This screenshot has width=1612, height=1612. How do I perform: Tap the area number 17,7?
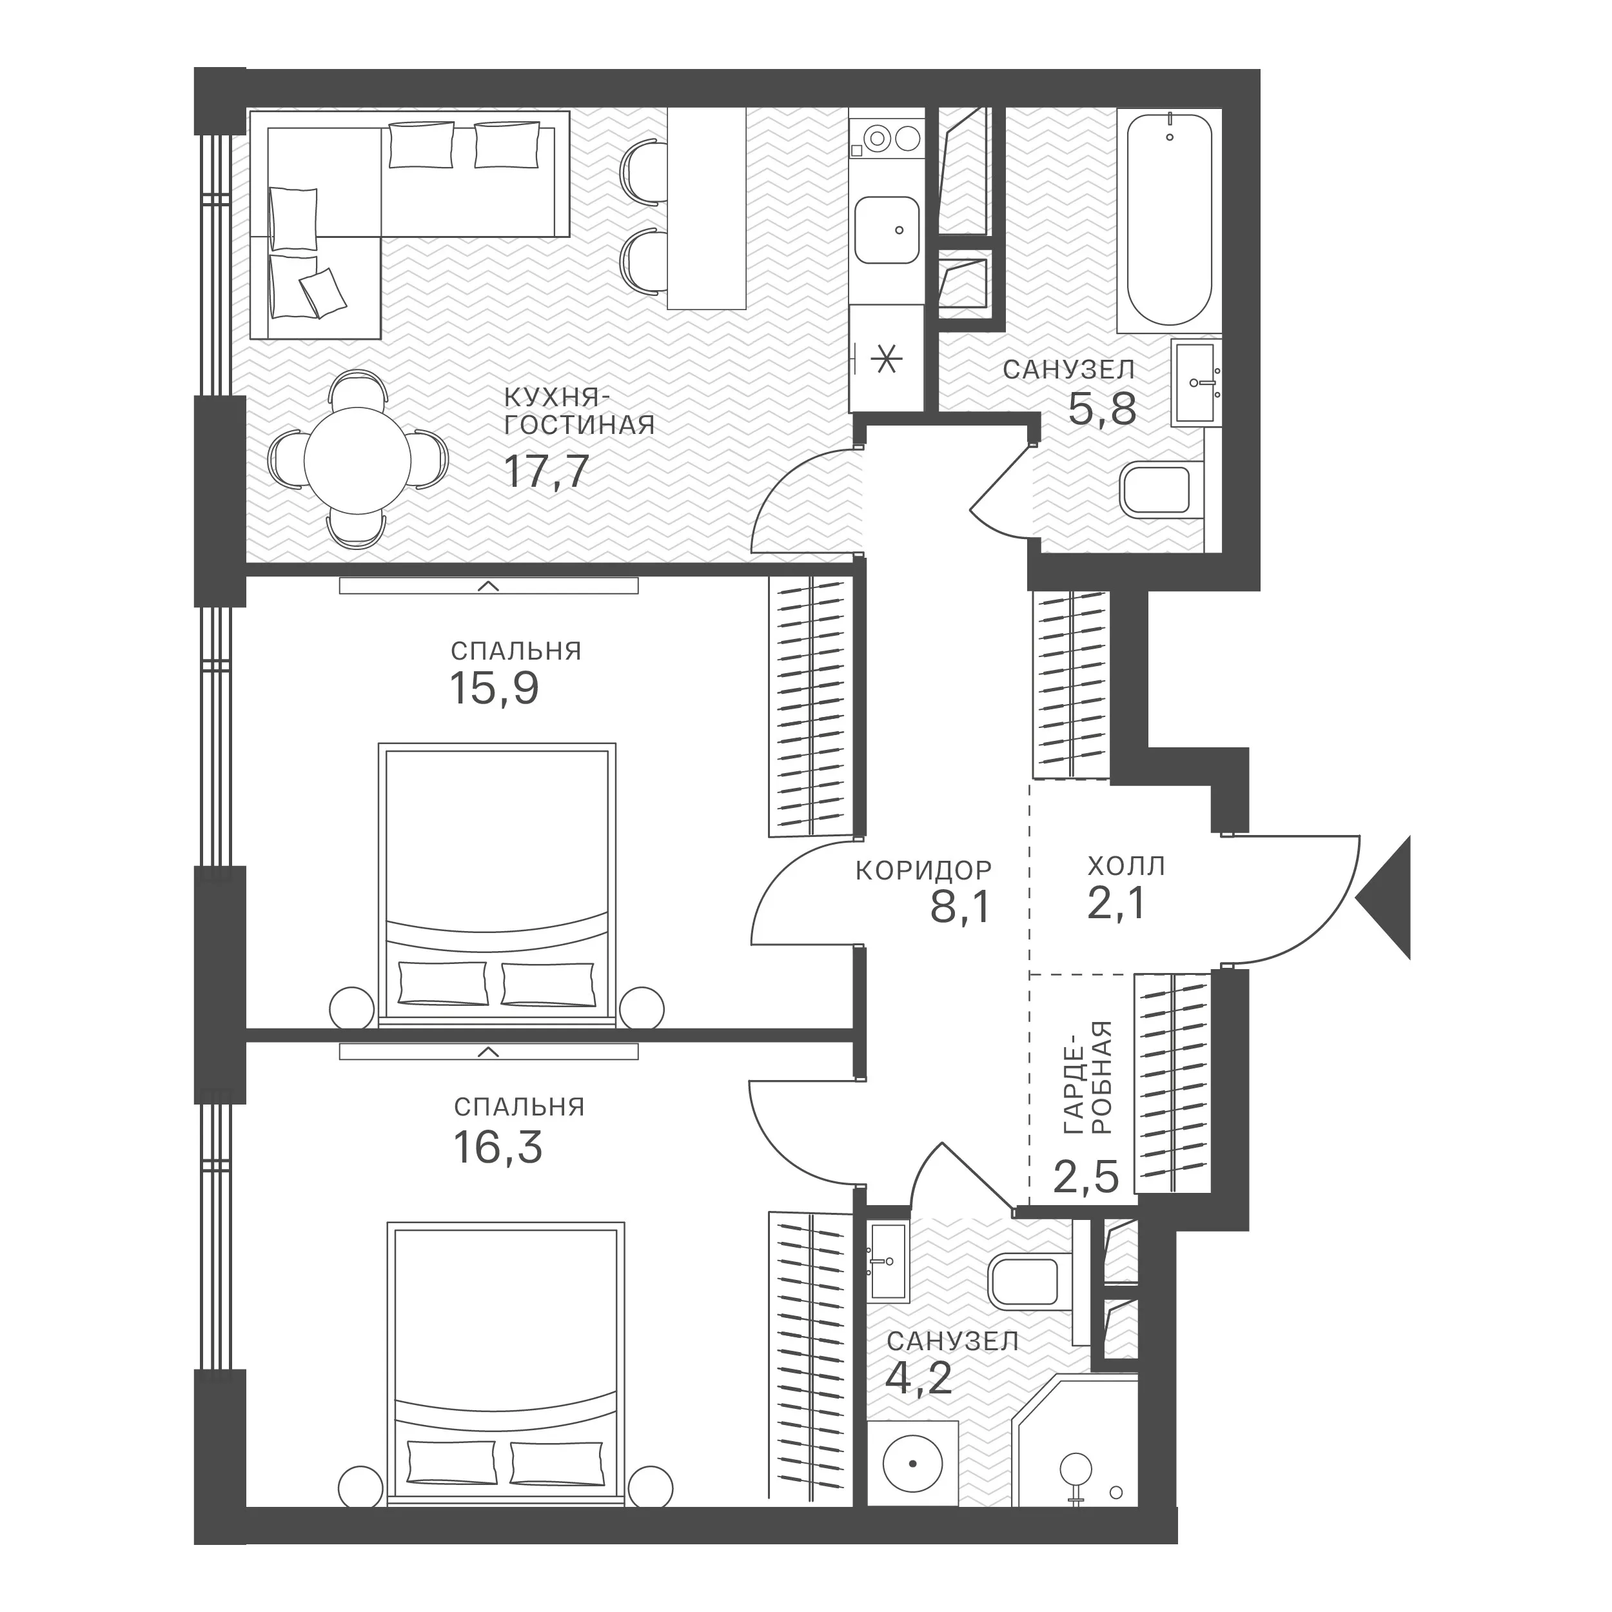547,471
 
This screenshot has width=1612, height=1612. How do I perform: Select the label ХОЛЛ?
1126,866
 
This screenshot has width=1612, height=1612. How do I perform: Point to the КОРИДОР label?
923,870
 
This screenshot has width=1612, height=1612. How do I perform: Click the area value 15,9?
495,689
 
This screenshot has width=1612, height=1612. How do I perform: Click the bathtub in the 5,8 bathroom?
1169,219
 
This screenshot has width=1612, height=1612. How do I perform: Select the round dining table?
357,460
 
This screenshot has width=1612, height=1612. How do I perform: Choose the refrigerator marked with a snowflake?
886,359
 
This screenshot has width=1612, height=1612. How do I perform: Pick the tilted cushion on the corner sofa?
323,292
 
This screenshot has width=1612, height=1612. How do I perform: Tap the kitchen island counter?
706,210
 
